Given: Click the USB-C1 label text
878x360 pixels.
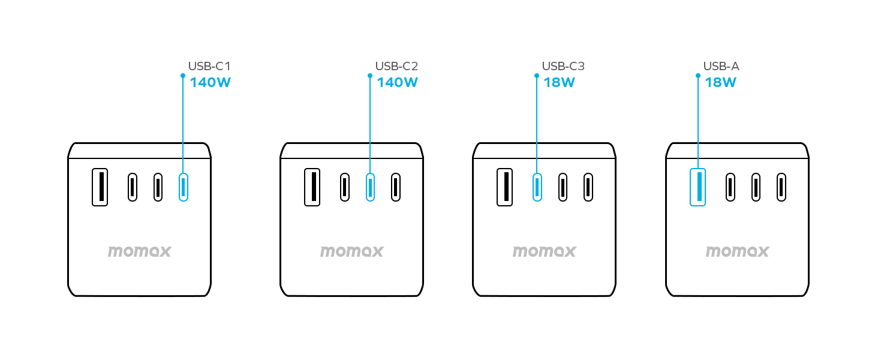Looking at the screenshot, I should (x=209, y=67).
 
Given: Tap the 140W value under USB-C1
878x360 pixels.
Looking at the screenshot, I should (x=210, y=83).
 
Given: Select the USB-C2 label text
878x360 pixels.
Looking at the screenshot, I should (x=396, y=67).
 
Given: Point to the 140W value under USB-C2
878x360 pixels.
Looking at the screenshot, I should (x=397, y=83).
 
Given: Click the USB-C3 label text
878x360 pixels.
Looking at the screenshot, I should (x=563, y=67).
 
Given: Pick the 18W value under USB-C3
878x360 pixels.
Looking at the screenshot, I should (x=559, y=83).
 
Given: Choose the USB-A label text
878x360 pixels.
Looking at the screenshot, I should (x=721, y=67).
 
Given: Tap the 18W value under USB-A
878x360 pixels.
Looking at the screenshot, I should (x=720, y=83).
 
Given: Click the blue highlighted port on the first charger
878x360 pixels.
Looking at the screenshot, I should (x=184, y=187).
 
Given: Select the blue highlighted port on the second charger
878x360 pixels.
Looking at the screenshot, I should (x=371, y=187).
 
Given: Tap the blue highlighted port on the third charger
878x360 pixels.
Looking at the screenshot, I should (x=537, y=187).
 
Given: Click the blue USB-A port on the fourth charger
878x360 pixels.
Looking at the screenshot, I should (x=697, y=187).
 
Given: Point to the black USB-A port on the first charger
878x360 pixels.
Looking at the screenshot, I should (x=100, y=187).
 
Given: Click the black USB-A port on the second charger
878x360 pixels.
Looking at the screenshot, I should (x=312, y=187).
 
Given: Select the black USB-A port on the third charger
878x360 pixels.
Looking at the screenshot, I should (x=504, y=187).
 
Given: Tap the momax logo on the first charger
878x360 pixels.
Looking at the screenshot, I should (x=139, y=251).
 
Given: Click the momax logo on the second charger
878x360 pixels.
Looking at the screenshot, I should (x=351, y=251).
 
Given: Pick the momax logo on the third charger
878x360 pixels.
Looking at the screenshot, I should (x=544, y=251).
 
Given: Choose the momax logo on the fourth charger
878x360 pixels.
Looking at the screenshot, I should (x=737, y=251).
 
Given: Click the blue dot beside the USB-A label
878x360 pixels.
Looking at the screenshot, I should (x=697, y=76).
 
